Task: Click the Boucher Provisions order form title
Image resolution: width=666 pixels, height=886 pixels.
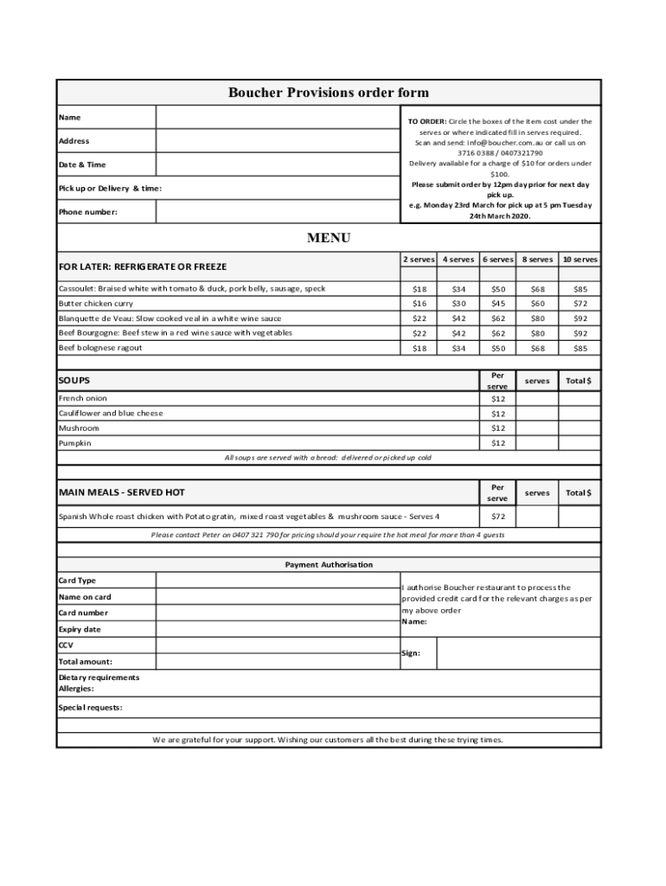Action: pyautogui.click(x=328, y=93)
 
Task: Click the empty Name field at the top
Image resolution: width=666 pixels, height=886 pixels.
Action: pyautogui.click(x=277, y=117)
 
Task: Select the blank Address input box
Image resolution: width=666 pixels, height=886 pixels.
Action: pyautogui.click(x=277, y=140)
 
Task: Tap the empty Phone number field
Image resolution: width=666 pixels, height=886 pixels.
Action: pyautogui.click(x=277, y=211)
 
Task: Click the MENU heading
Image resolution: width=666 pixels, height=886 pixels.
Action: pyautogui.click(x=329, y=238)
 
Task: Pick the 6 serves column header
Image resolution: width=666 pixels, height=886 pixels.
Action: pyautogui.click(x=497, y=260)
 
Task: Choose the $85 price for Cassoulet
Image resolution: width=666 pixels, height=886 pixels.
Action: pyautogui.click(x=580, y=289)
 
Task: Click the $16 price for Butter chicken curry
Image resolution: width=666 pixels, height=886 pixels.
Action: pyautogui.click(x=419, y=304)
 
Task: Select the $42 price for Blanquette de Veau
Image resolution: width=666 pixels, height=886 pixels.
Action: pyautogui.click(x=458, y=318)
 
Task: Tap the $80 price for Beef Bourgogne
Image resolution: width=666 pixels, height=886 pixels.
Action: pyautogui.click(x=538, y=333)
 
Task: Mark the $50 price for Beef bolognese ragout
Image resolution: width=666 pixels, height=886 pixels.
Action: pyautogui.click(x=497, y=348)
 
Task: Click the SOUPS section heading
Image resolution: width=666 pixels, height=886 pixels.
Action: pyautogui.click(x=74, y=380)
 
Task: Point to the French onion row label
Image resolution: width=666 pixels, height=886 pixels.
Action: pyautogui.click(x=83, y=399)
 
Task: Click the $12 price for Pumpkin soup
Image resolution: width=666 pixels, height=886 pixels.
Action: pyautogui.click(x=497, y=443)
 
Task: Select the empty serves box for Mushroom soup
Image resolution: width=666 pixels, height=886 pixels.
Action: pyautogui.click(x=537, y=428)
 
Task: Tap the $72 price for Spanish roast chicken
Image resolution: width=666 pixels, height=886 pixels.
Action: pyautogui.click(x=497, y=517)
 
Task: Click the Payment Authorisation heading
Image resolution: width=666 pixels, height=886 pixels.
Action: pyautogui.click(x=329, y=564)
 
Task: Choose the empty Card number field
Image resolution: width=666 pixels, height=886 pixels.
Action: pyautogui.click(x=277, y=613)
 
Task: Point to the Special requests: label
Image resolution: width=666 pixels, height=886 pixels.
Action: pyautogui.click(x=90, y=707)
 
